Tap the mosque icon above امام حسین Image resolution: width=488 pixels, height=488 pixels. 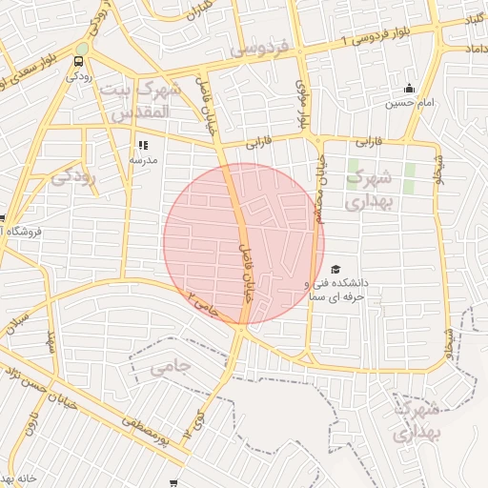coord(409,89)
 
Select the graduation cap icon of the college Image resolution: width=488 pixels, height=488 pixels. coord(335,270)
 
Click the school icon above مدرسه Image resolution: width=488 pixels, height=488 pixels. coord(142,146)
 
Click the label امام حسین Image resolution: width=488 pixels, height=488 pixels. coord(410,103)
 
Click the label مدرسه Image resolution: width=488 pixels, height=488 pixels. coord(143,160)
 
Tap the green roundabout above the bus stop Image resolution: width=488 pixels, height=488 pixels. coord(83,49)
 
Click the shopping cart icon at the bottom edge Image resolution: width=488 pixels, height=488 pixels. coord(173,484)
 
